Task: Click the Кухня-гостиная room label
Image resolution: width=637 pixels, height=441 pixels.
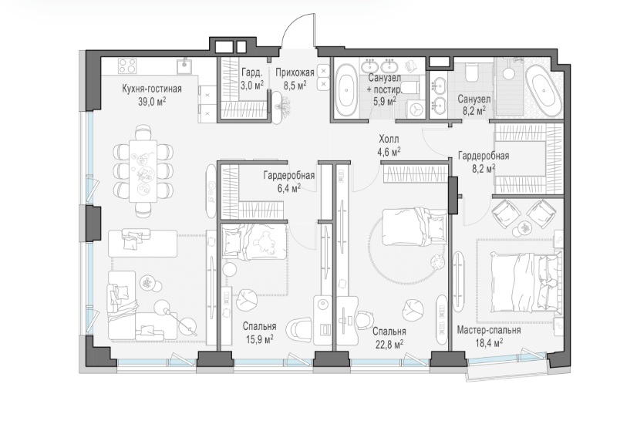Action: pyautogui.click(x=151, y=89)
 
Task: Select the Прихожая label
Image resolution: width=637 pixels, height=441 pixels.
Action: pyautogui.click(x=295, y=72)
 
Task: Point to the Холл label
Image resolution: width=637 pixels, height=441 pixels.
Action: pyautogui.click(x=389, y=140)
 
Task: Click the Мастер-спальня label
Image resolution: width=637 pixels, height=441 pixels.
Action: pyautogui.click(x=489, y=330)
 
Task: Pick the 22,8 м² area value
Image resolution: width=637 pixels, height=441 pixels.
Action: pyautogui.click(x=389, y=345)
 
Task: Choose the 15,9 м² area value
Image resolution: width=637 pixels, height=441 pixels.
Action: pyautogui.click(x=258, y=339)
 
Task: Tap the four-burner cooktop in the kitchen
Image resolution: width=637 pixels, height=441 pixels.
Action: pyautogui.click(x=127, y=66)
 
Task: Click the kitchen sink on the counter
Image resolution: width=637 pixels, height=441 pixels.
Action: pyautogui.click(x=185, y=66)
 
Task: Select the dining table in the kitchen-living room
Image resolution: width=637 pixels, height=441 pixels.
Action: pyautogui.click(x=143, y=169)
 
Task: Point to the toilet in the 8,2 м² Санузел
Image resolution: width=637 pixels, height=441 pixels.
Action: pyautogui.click(x=472, y=72)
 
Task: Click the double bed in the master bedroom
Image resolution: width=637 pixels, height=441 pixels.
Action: pyautogui.click(x=526, y=282)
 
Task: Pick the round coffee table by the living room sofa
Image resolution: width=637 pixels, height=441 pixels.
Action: pyautogui.click(x=147, y=283)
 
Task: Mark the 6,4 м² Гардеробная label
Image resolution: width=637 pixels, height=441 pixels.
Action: pyautogui.click(x=289, y=181)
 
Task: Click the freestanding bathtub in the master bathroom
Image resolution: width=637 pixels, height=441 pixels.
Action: pyautogui.click(x=542, y=90)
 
